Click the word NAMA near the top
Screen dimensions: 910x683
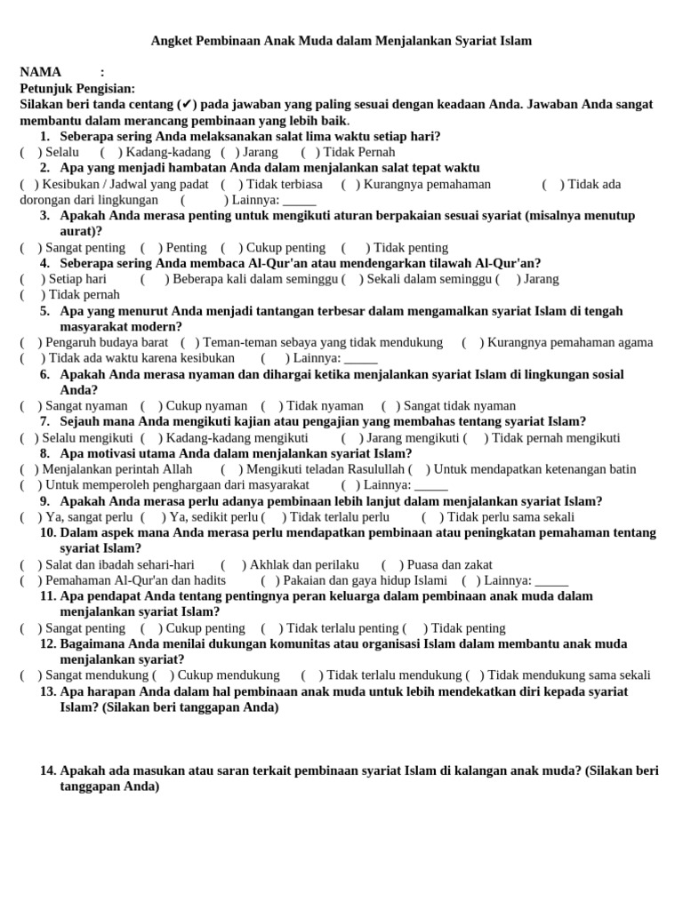tap(40, 72)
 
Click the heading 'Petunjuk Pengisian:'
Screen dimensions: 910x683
tap(77, 88)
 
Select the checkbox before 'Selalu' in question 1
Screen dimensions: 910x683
tap(31, 152)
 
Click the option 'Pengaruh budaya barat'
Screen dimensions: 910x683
tap(107, 342)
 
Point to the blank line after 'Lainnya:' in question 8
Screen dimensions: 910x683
tap(431, 485)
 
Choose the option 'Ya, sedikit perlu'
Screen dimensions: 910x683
tap(213, 516)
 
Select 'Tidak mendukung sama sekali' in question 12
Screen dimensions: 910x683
tap(569, 675)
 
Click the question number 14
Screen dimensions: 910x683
tap(48, 770)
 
